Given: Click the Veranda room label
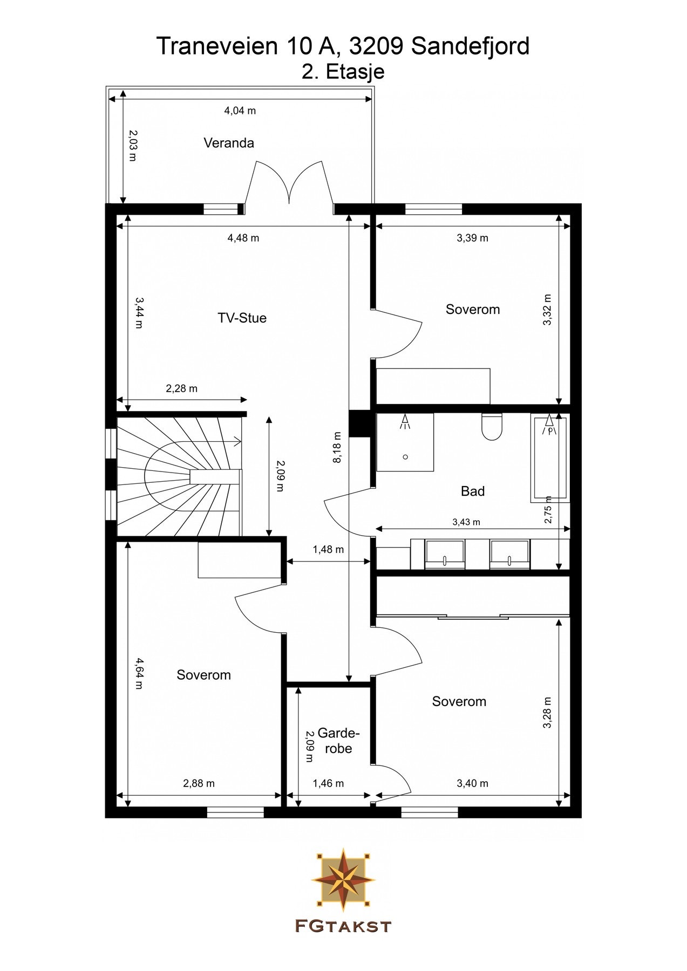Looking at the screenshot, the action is click(x=229, y=143).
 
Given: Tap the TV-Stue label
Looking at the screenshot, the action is click(x=242, y=318).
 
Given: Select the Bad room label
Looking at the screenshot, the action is click(x=473, y=491).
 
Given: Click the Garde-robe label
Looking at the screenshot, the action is click(x=338, y=741).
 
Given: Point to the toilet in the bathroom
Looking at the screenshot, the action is click(x=491, y=427).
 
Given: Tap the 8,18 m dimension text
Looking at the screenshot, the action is click(x=337, y=447).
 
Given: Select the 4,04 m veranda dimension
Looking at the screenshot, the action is click(x=240, y=111).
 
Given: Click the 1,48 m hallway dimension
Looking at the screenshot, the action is click(x=328, y=550).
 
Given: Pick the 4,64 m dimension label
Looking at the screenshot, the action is click(x=139, y=673).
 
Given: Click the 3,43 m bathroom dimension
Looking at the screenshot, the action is click(x=466, y=522).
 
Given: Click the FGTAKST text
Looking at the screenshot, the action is click(x=343, y=927).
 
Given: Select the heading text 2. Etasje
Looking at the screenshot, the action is click(x=343, y=72).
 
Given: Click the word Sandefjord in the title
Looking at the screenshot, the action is click(x=470, y=46).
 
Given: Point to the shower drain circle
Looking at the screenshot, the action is click(x=405, y=457).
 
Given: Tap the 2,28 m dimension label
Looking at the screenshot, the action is click(x=181, y=388).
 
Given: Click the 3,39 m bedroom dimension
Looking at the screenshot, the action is click(x=473, y=238).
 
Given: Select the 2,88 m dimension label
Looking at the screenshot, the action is click(x=199, y=783).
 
